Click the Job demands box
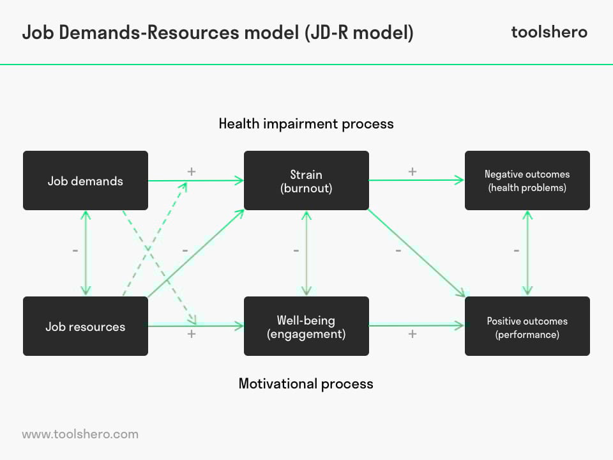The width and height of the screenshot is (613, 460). tap(85, 180)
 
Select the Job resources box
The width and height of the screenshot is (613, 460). tap(85, 326)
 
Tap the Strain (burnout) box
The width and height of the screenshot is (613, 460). tap(306, 180)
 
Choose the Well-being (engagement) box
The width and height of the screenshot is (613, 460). tap(306, 326)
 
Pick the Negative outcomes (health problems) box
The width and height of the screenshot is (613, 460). tap(527, 180)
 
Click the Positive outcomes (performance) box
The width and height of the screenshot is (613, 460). tap(527, 326)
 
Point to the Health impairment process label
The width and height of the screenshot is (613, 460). tap(306, 124)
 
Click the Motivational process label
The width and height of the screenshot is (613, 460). tap(306, 384)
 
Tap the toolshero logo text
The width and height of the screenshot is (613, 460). tap(549, 32)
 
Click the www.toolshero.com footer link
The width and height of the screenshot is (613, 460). tap(80, 434)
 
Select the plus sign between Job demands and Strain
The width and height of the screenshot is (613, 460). tap(191, 172)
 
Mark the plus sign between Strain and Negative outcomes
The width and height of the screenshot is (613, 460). tap(412, 172)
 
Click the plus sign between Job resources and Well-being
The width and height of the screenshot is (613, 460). tap(191, 334)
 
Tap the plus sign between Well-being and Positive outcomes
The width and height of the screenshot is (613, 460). tap(412, 334)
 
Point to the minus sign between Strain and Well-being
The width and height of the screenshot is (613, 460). tap(296, 250)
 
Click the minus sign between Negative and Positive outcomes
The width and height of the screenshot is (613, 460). tap(517, 250)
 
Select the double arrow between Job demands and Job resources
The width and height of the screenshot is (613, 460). tap(86, 253)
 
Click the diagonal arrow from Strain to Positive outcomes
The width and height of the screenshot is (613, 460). tap(417, 253)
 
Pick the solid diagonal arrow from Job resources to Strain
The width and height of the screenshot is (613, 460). tap(196, 254)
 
